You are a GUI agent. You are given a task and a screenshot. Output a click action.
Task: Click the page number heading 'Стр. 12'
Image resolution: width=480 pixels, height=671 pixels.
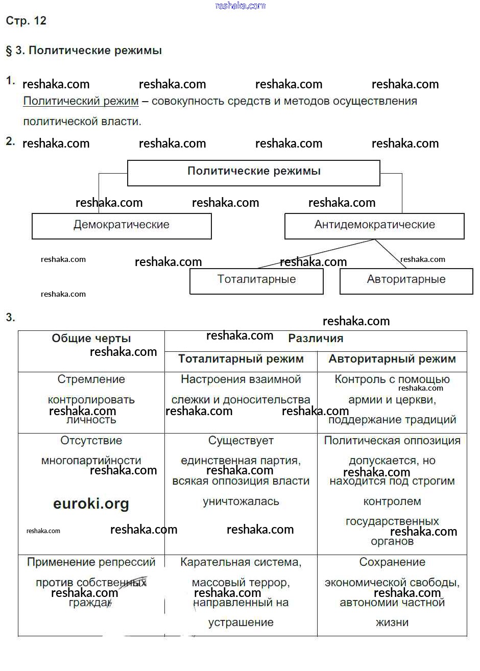point(26,21)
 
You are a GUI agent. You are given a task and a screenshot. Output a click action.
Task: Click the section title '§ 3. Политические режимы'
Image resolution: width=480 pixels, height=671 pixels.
point(84,51)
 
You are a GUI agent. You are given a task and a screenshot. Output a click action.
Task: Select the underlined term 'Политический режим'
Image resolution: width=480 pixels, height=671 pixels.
point(81,101)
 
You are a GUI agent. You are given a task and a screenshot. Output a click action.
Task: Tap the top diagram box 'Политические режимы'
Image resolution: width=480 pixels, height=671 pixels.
point(253,173)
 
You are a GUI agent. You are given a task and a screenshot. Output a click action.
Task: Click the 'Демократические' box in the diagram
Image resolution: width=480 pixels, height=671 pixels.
point(122,226)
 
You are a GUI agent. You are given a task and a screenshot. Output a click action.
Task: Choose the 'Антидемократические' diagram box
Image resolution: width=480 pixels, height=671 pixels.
point(374,226)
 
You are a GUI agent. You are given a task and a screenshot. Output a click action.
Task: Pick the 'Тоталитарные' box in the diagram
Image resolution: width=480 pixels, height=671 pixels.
point(256,280)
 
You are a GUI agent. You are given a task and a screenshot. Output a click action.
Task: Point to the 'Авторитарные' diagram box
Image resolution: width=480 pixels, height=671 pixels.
point(406,280)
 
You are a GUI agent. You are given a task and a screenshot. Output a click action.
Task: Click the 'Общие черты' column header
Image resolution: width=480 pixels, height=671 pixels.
point(91,339)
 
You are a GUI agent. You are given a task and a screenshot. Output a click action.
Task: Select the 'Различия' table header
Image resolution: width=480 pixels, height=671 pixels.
point(316,339)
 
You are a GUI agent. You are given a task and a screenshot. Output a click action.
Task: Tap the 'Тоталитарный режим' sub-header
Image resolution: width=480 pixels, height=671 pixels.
point(241,360)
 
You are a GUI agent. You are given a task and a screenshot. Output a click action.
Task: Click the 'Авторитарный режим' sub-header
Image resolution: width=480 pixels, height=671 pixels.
point(392,360)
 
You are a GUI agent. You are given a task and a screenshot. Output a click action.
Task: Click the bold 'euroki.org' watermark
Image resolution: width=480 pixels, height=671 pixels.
point(91,504)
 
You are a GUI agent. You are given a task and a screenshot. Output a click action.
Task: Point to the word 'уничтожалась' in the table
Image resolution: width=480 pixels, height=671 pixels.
point(241,501)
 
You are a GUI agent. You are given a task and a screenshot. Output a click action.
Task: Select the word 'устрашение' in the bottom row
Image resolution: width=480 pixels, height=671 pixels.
point(241,622)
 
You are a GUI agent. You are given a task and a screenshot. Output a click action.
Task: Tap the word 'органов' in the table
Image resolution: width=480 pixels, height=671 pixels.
point(392,541)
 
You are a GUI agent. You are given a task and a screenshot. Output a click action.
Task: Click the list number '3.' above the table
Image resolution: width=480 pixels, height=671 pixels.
point(11,318)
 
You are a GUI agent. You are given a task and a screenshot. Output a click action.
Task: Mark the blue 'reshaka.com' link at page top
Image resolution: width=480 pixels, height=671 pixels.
point(241,6)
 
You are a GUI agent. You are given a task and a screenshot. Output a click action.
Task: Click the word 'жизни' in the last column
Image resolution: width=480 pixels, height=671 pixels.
point(392,622)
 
